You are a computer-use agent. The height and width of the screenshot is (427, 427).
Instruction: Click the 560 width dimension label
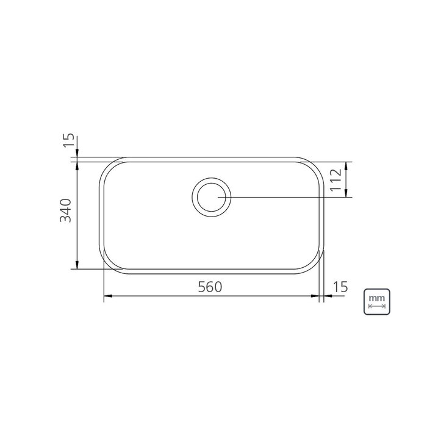210,287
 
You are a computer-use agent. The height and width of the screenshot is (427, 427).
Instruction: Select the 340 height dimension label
65,211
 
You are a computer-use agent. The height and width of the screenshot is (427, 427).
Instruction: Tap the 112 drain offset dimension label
335,180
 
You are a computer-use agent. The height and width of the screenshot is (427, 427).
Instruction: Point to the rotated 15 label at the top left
68,140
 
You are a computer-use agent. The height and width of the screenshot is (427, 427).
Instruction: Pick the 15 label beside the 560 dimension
340,287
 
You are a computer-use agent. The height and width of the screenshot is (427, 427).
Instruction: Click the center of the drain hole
211,197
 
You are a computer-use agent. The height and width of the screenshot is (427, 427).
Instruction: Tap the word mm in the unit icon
377,298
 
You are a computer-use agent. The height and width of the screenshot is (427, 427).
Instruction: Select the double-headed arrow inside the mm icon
377,306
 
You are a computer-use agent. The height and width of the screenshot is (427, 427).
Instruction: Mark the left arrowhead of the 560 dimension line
108,296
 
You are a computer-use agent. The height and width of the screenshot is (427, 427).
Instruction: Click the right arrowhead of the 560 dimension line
315,296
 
